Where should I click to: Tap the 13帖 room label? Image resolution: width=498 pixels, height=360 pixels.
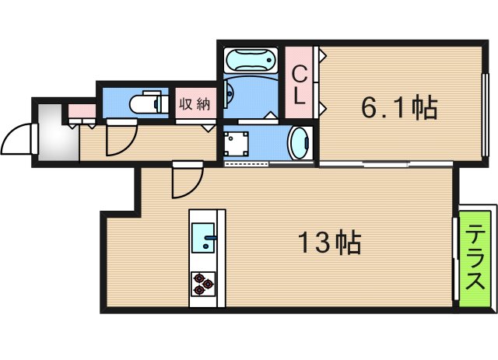tap(329, 244)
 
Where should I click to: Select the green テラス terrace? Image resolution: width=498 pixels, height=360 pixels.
tap(476, 257)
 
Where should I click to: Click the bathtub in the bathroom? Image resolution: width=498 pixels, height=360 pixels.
tap(250, 60)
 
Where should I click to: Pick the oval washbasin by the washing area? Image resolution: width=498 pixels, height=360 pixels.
tap(299, 144)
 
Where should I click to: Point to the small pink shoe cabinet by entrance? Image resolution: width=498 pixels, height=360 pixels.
tap(81, 110)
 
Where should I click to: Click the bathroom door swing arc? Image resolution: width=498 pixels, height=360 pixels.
tap(230, 93)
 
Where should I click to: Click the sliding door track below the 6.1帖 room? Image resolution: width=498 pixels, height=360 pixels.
tap(385, 164)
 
